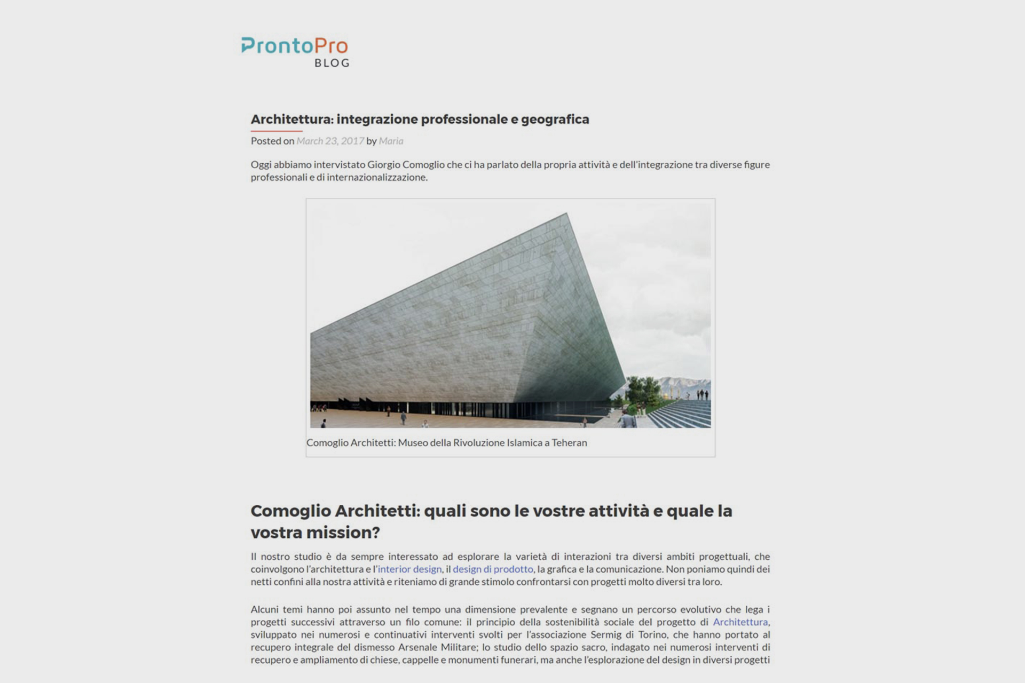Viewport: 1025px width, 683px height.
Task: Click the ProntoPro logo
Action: point(294,46)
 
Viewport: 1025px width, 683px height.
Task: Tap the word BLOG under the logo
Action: point(332,63)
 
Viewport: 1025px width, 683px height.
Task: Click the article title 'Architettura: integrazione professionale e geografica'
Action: point(420,119)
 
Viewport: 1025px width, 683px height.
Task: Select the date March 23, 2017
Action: point(330,141)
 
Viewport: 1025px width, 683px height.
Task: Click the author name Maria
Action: point(391,141)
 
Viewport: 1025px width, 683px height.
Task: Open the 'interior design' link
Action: point(409,569)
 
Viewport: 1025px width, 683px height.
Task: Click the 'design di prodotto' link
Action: point(493,569)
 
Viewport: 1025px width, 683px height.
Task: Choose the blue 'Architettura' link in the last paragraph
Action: point(740,622)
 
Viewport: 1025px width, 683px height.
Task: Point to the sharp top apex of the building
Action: point(566,214)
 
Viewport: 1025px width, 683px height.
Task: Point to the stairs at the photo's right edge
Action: point(683,414)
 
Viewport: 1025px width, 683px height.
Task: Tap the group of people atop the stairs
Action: point(702,395)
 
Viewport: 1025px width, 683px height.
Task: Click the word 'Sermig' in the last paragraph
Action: point(606,634)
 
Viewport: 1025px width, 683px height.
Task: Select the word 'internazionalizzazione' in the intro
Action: point(377,177)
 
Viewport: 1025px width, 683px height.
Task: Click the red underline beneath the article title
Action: point(277,131)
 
